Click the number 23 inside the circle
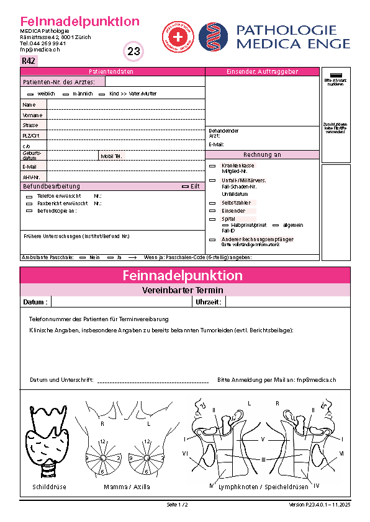pyautogui.click(x=134, y=51)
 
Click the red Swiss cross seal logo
pyautogui.click(x=178, y=37)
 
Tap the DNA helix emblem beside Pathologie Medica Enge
pyautogui.click(x=214, y=37)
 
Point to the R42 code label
pyautogui.click(x=29, y=61)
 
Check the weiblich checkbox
pyautogui.click(x=30, y=94)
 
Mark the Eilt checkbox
pyautogui.click(x=185, y=186)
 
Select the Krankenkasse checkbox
pyautogui.click(x=212, y=166)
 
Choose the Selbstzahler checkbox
pyautogui.click(x=212, y=203)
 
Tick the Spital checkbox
pyautogui.click(x=212, y=219)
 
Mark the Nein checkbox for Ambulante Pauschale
pyautogui.click(x=83, y=256)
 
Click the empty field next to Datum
pyautogui.click(x=122, y=302)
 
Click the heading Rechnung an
pyautogui.click(x=262, y=155)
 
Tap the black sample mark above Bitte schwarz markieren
pyautogui.click(x=335, y=74)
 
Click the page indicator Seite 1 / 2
pyautogui.click(x=177, y=505)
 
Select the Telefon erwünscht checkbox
pyautogui.click(x=29, y=196)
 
